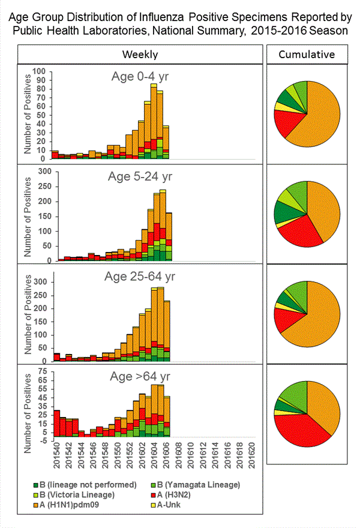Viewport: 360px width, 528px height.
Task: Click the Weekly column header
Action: tap(140, 55)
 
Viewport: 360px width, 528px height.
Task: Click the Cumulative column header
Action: tap(307, 55)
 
